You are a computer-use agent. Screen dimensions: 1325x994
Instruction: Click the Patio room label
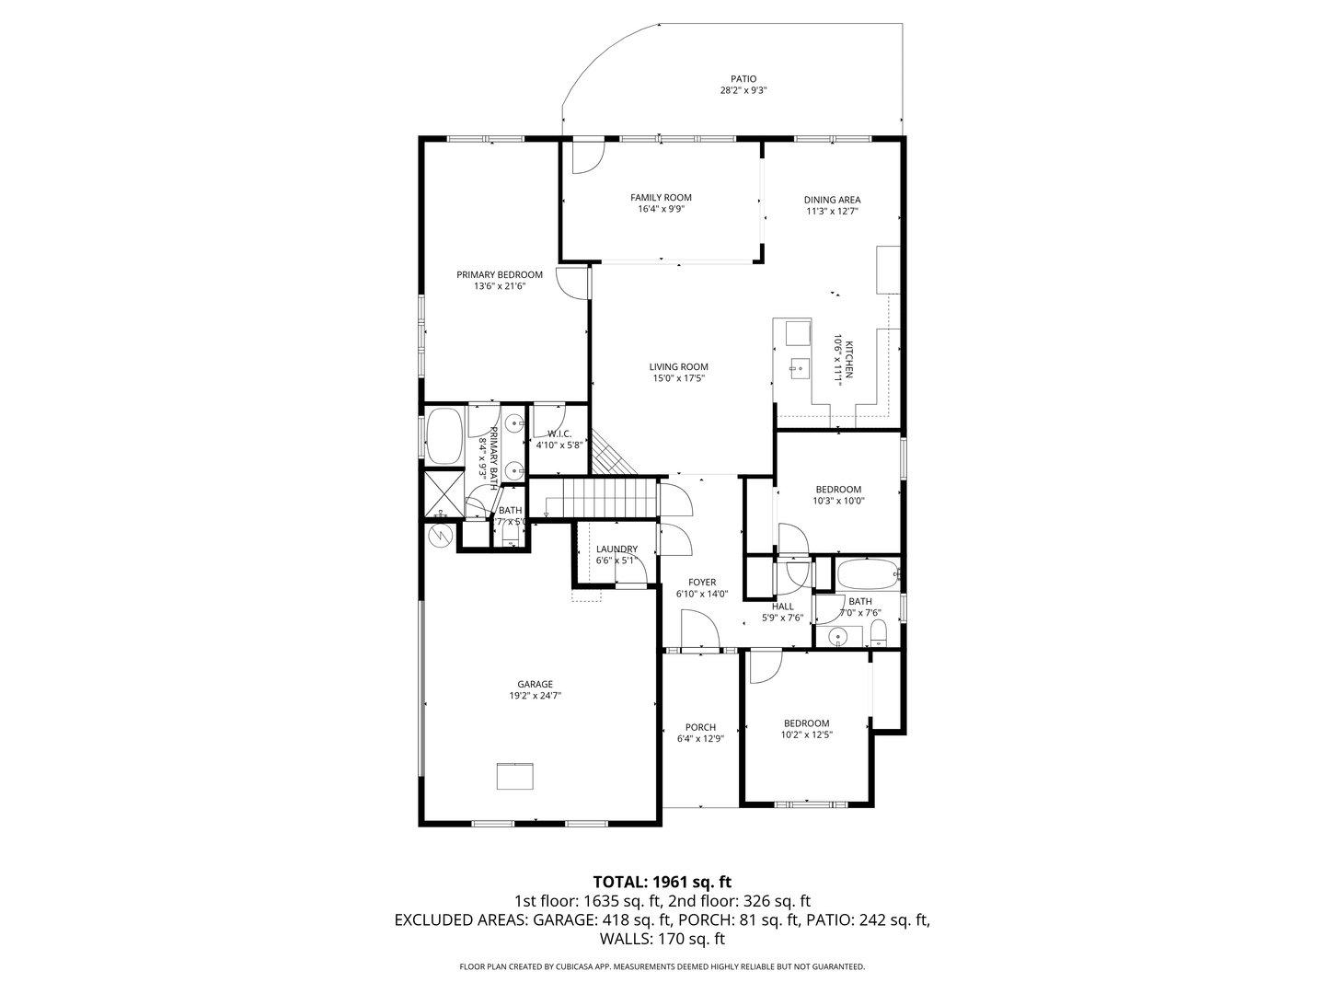pos(743,79)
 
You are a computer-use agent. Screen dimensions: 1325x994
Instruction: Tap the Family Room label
pos(661,197)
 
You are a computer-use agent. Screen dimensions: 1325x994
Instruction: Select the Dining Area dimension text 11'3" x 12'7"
pos(833,212)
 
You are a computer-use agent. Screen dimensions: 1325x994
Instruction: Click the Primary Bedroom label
pos(500,274)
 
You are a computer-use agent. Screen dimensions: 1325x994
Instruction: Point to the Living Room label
pos(678,367)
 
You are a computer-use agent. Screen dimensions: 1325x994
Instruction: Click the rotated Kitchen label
pos(848,359)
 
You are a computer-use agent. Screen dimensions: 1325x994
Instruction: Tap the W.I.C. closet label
pos(559,433)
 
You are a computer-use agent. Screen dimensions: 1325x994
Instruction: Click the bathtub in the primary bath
pos(444,436)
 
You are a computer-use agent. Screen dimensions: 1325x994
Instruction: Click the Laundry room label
pos(616,549)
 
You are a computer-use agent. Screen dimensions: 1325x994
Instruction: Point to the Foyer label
pos(702,583)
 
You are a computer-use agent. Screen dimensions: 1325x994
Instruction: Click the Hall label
pos(783,607)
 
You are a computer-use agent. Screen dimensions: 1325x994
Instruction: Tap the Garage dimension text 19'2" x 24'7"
pos(535,695)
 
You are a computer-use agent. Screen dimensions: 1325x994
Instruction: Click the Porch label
pos(700,727)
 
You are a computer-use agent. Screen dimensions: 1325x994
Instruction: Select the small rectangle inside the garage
pos(515,776)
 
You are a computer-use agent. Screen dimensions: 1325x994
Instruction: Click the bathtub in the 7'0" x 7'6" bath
pos(868,574)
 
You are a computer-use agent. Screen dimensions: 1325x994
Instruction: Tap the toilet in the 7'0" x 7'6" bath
pos(879,635)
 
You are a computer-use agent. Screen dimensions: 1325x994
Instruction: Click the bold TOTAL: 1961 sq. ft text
pos(662,882)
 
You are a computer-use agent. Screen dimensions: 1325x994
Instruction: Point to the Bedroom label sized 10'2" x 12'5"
pos(806,723)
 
